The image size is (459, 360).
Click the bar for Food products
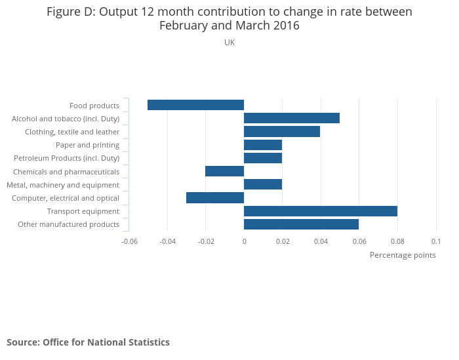coord(195,105)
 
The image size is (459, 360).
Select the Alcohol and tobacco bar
coord(292,118)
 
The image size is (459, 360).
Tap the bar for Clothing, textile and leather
coord(282,132)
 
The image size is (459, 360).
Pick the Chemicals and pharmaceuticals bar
coord(224,171)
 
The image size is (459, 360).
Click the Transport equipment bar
coord(321,211)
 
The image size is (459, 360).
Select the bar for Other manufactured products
coord(301,224)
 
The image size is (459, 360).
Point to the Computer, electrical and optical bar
coord(215,198)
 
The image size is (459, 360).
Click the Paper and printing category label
coord(87,145)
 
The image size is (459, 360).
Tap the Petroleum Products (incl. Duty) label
coord(67,158)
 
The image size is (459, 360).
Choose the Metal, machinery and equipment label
coord(63,185)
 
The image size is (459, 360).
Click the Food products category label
coord(94,106)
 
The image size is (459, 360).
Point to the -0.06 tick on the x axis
coord(129,241)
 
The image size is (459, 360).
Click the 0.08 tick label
coord(397,241)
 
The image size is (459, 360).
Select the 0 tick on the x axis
coord(244,241)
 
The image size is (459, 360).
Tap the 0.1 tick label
coord(436,241)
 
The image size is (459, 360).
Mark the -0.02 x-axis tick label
coord(205,241)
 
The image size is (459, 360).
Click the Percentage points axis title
coord(403,255)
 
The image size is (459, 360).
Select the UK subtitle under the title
coord(229,43)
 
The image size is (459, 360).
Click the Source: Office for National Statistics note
coord(88,342)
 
